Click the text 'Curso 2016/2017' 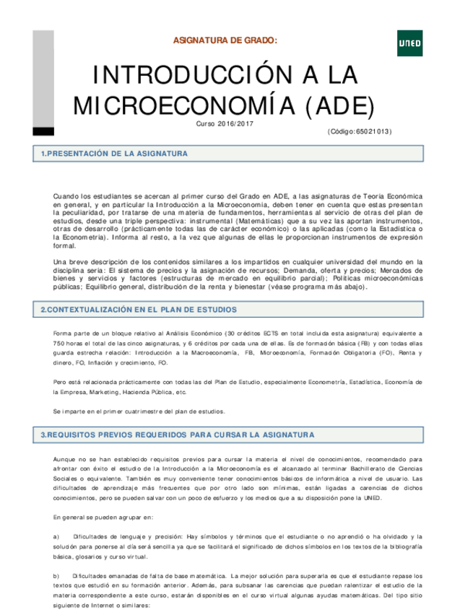225,124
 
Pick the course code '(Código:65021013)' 359,131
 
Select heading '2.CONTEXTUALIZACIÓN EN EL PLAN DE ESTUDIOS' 138,310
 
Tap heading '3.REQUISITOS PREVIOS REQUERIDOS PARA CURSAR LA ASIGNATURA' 178,435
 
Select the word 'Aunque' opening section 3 65,458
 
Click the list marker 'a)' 57,536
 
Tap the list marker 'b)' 57,575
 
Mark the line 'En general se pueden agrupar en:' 103,517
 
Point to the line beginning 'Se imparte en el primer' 139,411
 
